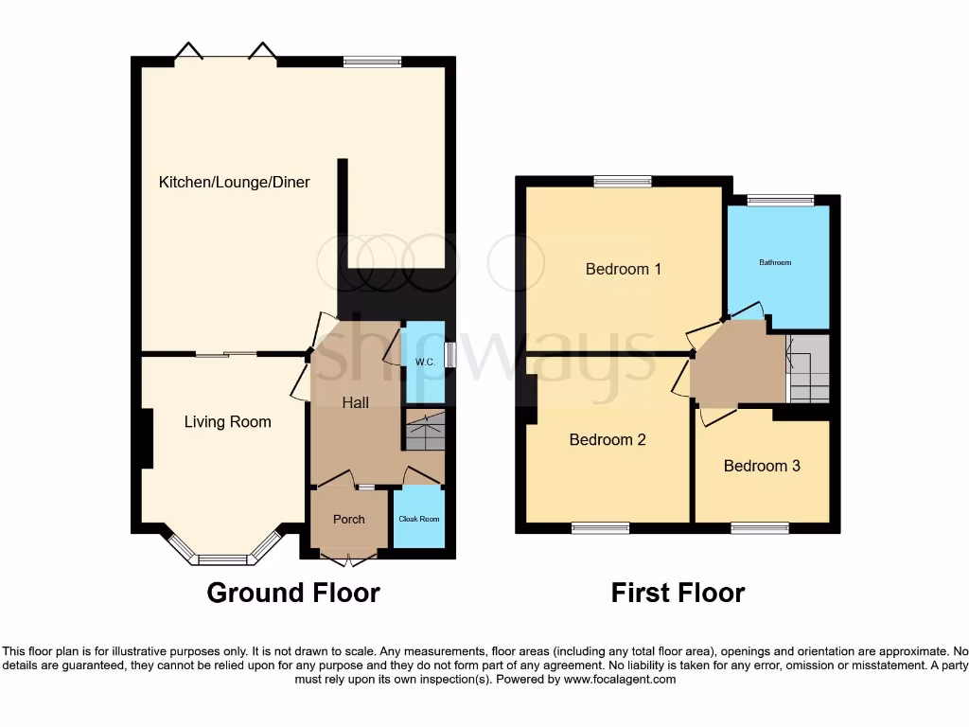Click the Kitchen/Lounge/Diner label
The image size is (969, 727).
[234, 182]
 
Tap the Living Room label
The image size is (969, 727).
[227, 422]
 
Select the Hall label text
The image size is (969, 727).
[355, 402]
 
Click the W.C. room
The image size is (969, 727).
[424, 363]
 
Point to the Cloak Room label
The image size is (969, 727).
[418, 519]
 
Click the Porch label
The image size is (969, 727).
[348, 519]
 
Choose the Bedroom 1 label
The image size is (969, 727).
[623, 269]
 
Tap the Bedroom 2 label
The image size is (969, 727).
[607, 439]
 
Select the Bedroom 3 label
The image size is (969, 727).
[762, 466]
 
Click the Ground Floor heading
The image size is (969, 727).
[293, 594]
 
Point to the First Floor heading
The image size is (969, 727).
[678, 594]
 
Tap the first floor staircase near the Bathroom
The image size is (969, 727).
[809, 369]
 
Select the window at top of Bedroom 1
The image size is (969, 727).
[623, 181]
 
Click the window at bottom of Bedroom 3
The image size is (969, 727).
[760, 528]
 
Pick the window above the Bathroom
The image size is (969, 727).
[780, 200]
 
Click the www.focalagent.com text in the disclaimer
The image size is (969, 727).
[619, 679]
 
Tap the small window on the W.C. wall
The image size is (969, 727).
[449, 354]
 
